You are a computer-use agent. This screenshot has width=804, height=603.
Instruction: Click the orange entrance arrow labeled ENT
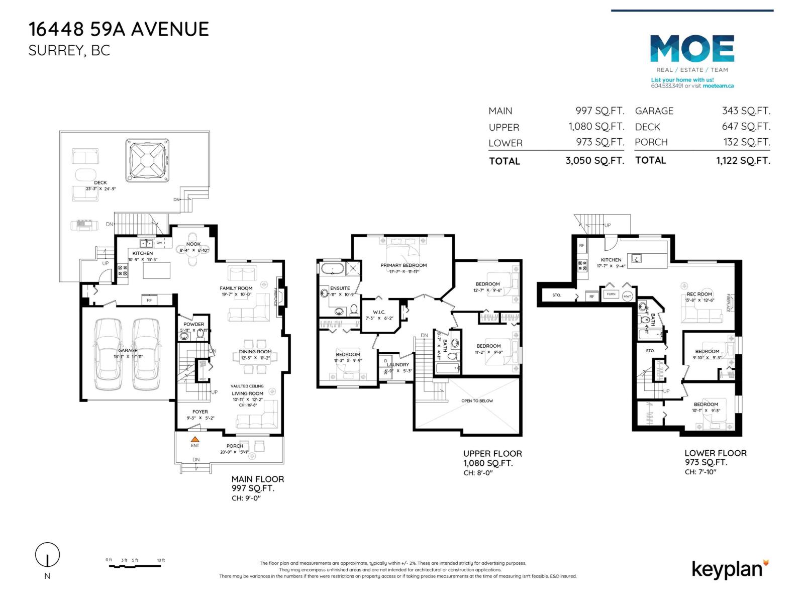pyautogui.click(x=195, y=439)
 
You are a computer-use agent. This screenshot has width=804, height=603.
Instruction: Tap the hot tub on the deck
pyautogui.click(x=147, y=160)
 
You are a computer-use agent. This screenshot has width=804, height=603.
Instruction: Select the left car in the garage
pyautogui.click(x=109, y=354)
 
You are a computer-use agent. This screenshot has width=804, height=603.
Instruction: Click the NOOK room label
pyautogui.click(x=193, y=244)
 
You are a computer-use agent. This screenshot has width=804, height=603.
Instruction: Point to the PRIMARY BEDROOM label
pyautogui.click(x=404, y=265)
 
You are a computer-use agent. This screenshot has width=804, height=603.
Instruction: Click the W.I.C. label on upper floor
pyautogui.click(x=379, y=312)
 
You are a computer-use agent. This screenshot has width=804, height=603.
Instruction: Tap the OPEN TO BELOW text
pyautogui.click(x=477, y=401)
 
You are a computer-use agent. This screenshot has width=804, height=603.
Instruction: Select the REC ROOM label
pyautogui.click(x=699, y=294)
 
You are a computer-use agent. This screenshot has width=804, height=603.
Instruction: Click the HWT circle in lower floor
pyautogui.click(x=627, y=296)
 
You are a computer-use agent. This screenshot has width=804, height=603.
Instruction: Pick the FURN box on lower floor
pyautogui.click(x=611, y=294)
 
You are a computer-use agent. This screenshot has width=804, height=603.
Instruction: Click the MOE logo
pyautogui.click(x=692, y=49)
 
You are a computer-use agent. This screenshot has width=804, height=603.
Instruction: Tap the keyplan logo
pyautogui.click(x=729, y=569)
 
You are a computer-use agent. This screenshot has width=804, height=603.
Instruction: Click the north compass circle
pyautogui.click(x=47, y=555)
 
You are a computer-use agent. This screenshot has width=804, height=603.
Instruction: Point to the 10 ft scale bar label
pyautogui.click(x=161, y=560)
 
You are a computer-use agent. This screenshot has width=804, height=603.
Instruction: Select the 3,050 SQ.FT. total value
pyautogui.click(x=594, y=161)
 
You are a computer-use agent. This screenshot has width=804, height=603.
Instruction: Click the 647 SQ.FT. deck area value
pyautogui.click(x=746, y=127)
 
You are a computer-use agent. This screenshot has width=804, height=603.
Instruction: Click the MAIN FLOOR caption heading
pyautogui.click(x=257, y=479)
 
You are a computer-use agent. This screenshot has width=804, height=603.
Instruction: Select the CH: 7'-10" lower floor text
pyautogui.click(x=700, y=472)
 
